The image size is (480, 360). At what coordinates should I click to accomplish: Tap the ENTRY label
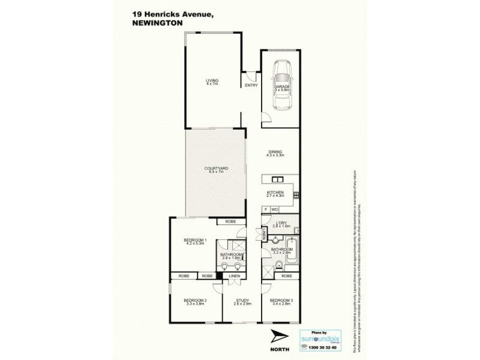251,86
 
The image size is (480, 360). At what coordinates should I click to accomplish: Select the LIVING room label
212,80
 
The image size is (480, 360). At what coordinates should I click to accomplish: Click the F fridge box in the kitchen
265,209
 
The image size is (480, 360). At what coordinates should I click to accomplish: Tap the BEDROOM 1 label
195,241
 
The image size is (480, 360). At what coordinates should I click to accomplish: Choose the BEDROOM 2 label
195,300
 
